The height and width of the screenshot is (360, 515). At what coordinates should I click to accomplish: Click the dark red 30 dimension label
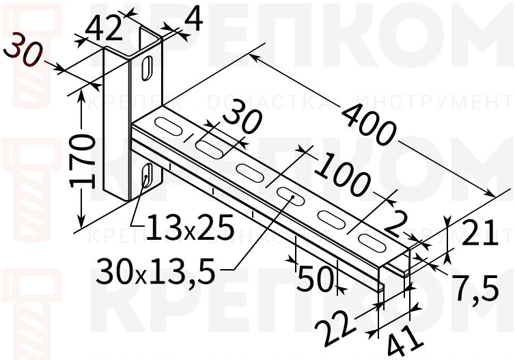pos(23,52)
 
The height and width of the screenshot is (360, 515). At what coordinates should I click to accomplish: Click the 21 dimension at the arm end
pos(477,234)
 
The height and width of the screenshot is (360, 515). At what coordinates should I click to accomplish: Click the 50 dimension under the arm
pos(314,277)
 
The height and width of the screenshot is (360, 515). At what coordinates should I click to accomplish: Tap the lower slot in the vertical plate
pos(146,176)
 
